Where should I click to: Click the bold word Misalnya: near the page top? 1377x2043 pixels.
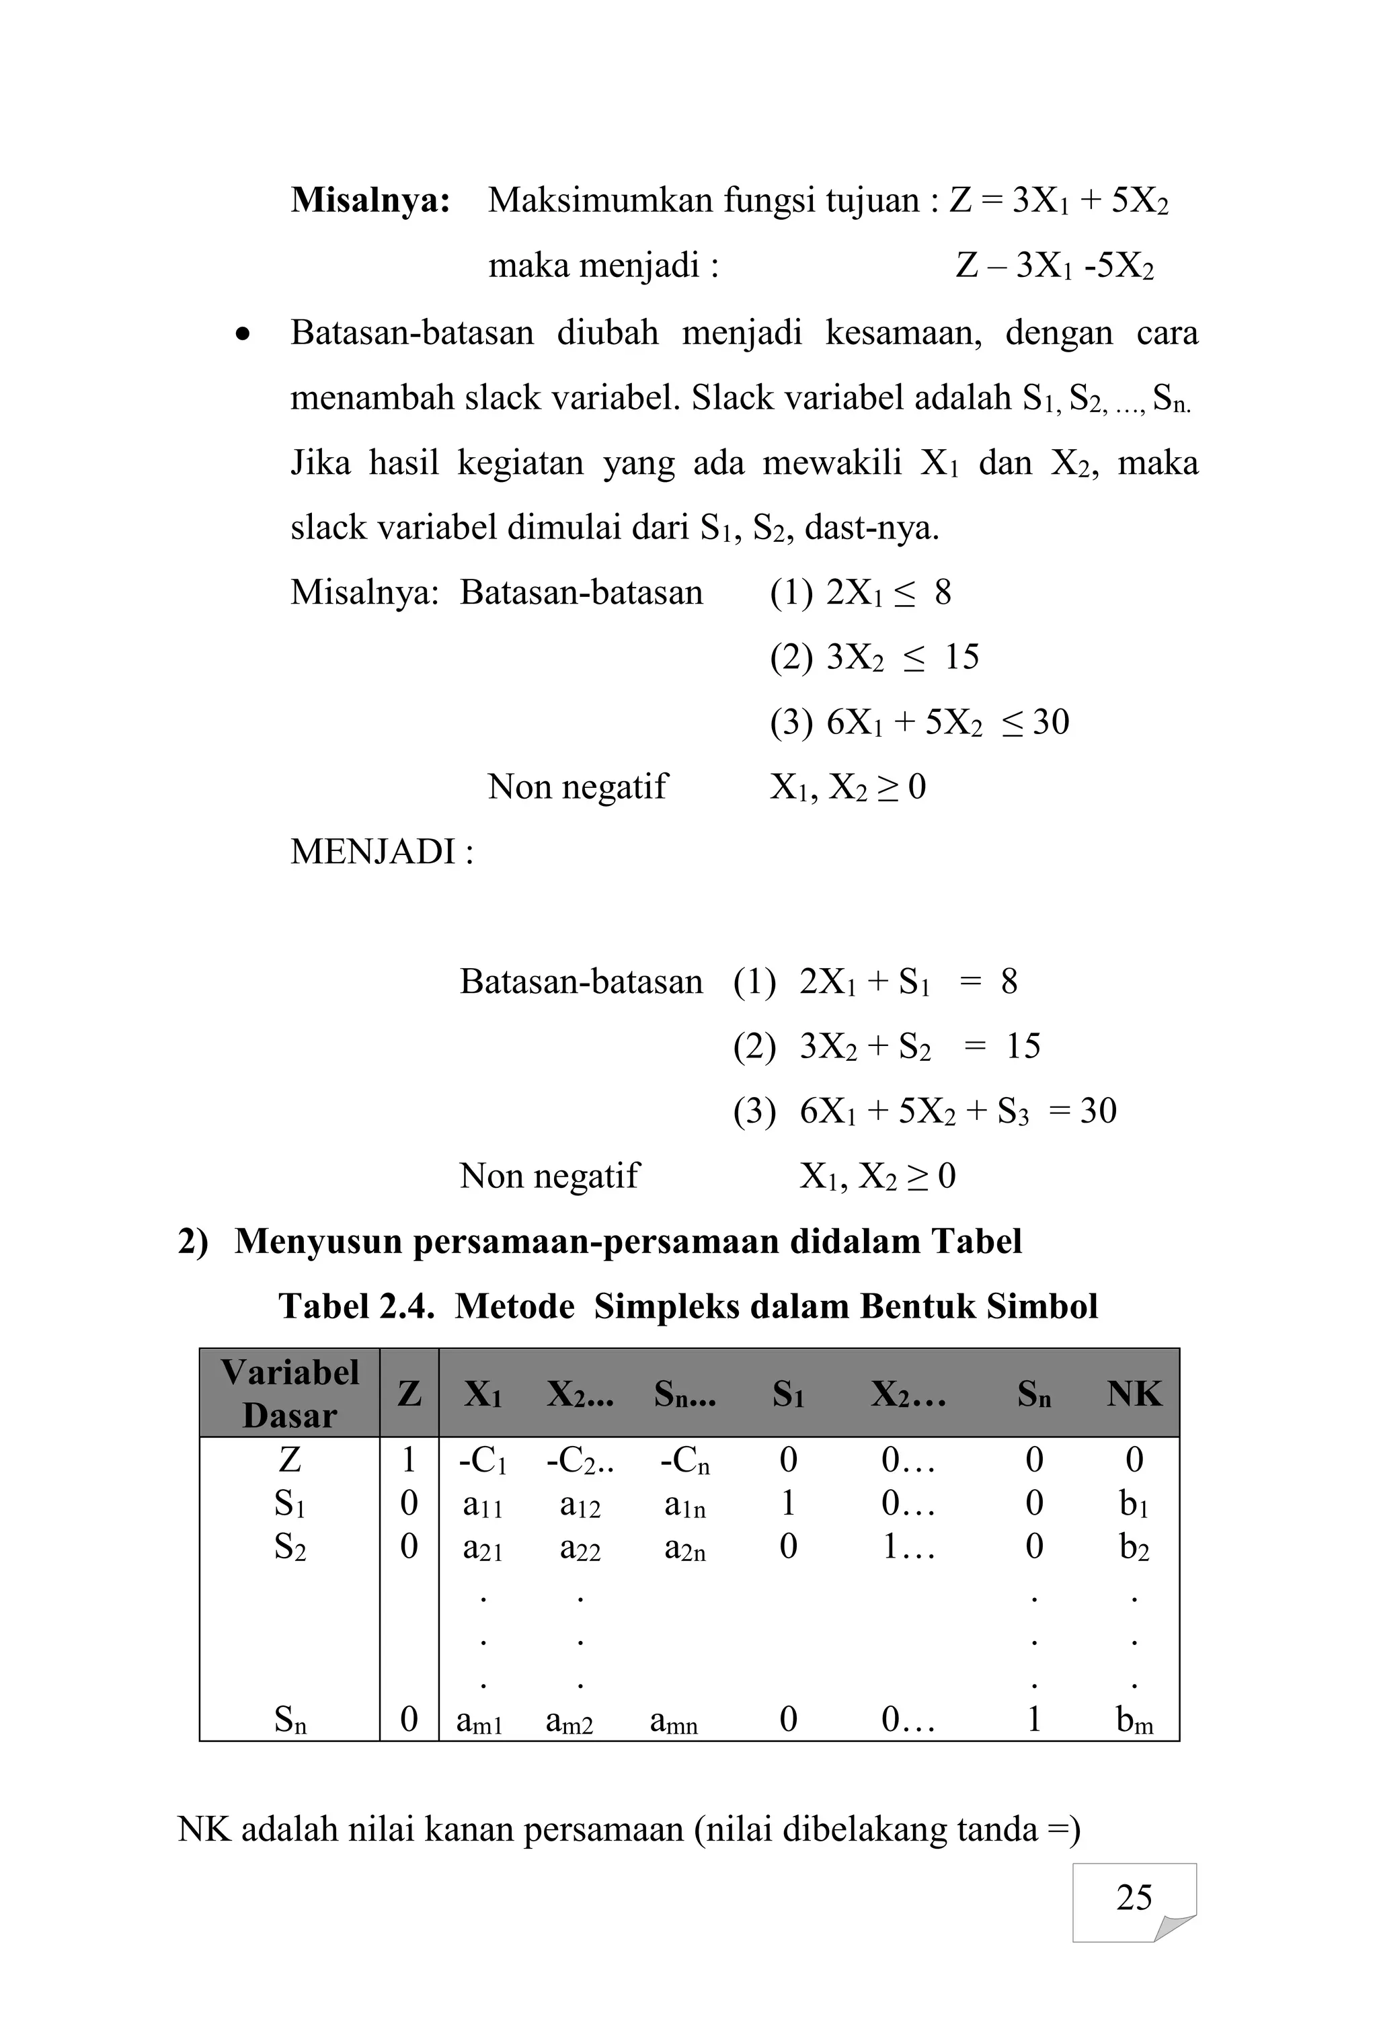click(370, 201)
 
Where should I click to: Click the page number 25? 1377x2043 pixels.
click(1133, 1897)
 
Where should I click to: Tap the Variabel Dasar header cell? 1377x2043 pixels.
click(290, 1394)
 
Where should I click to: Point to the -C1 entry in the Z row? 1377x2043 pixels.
click(483, 1461)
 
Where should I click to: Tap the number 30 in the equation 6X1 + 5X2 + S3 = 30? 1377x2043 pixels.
click(1098, 1111)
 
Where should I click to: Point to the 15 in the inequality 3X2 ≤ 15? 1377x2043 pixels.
click(961, 657)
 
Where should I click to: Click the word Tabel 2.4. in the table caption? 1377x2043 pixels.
click(356, 1306)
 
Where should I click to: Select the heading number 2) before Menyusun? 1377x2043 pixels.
click(193, 1242)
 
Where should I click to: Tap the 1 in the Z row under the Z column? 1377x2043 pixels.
click(408, 1460)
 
